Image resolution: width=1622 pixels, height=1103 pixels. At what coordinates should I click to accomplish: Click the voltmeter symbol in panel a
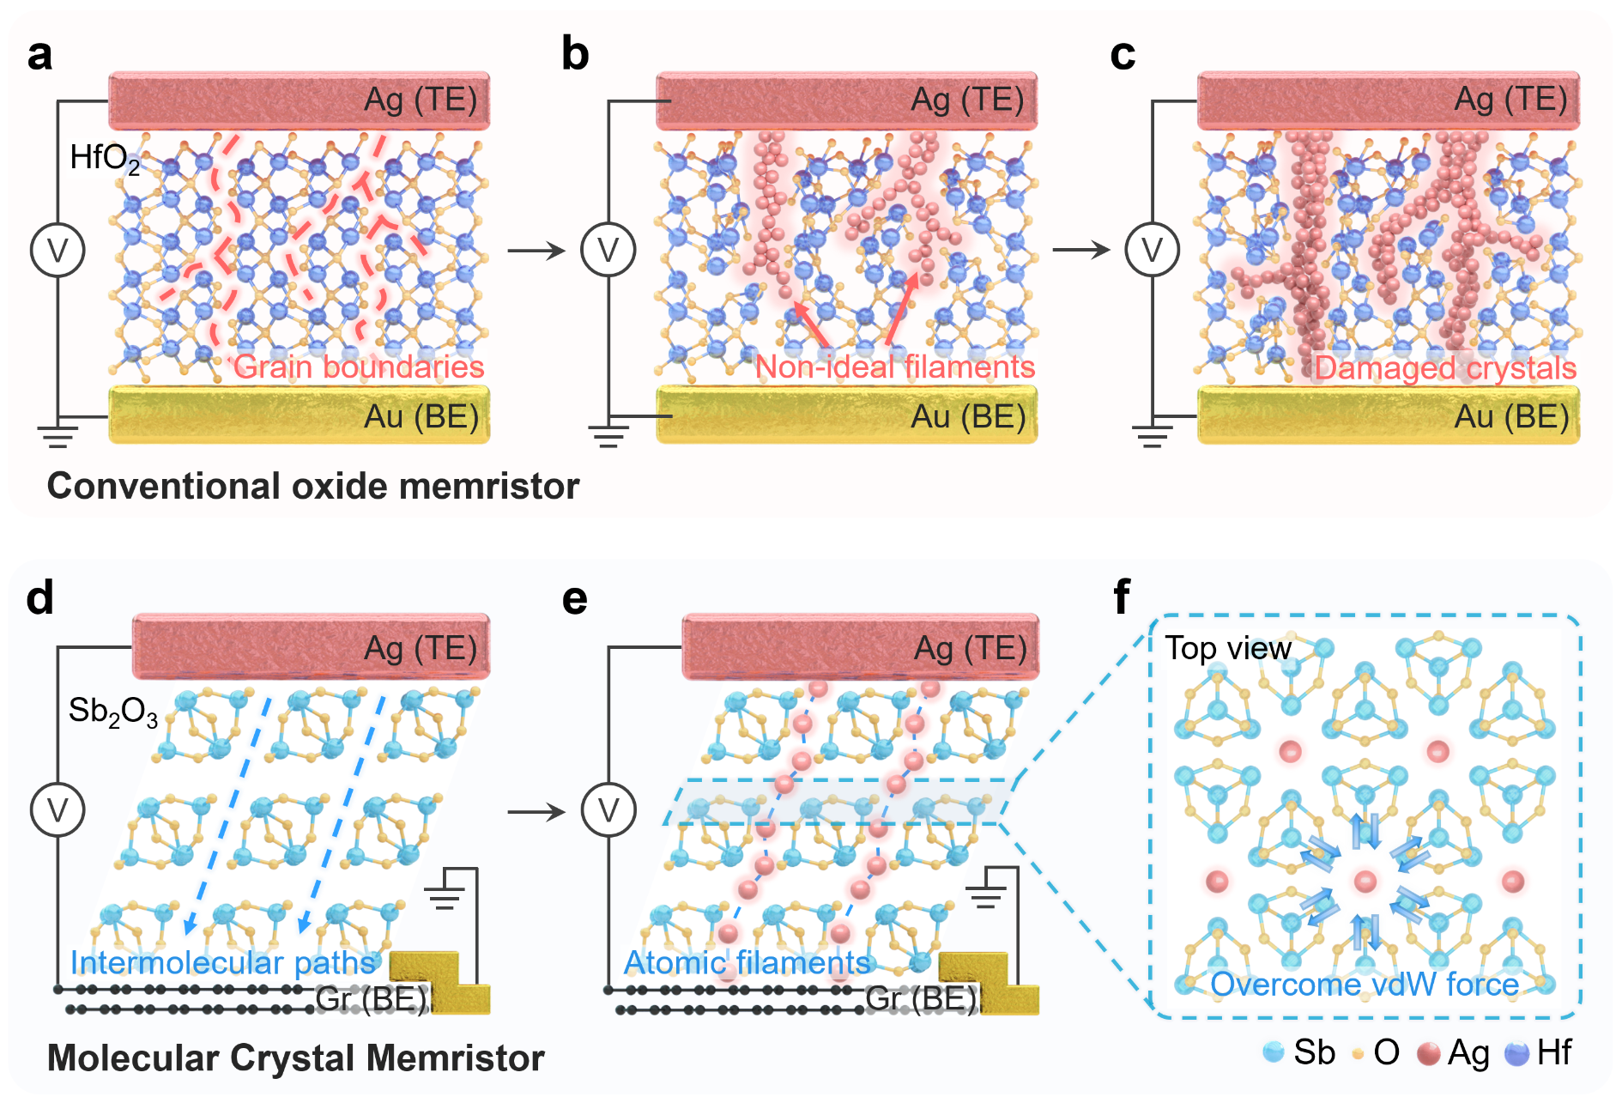pos(57,250)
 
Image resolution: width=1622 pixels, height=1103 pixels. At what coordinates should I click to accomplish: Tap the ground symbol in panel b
pos(608,436)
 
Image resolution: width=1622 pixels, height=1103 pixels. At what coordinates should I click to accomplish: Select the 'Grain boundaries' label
pos(359,367)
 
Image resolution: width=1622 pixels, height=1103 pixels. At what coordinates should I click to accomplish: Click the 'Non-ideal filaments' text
pos(894,367)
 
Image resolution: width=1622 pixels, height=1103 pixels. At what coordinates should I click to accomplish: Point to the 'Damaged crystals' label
pos(1445,367)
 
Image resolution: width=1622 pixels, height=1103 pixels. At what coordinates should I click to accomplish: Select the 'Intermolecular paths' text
pos(223,962)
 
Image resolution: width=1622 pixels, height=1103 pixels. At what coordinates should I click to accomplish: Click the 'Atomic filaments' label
pos(747,962)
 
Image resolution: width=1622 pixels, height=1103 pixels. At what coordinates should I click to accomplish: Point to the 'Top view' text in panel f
pos(1227,648)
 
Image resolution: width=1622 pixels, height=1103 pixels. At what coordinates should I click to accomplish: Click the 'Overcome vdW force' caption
pos(1365,984)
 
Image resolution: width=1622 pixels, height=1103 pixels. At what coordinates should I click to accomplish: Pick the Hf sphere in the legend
pos(1517,1053)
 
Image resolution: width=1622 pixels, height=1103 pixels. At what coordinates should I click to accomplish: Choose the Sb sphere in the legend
pos(1274,1052)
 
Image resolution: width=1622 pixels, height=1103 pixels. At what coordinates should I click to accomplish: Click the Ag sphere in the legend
pos(1428,1053)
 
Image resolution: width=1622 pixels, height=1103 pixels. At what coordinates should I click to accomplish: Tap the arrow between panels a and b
pos(536,251)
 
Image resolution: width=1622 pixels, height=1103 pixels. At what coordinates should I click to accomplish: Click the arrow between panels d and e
pos(536,811)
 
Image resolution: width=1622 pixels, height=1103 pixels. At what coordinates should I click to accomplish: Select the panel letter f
pos(1121,597)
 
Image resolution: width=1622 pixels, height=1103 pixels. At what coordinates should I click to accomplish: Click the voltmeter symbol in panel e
pos(608,809)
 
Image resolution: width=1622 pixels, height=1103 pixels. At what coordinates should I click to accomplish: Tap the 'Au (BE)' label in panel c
pos(1511,416)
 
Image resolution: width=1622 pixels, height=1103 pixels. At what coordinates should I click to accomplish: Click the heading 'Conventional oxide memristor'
pos(313,486)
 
